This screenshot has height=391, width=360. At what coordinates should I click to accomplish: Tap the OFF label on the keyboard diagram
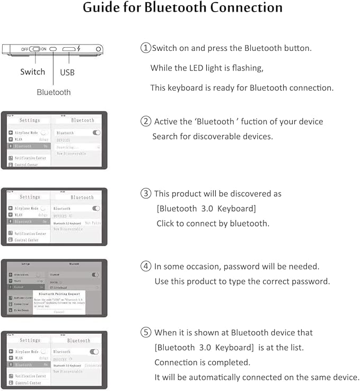pos(25,49)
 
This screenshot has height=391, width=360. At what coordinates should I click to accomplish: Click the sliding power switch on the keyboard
pos(36,49)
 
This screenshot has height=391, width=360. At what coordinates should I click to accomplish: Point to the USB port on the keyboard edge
pos(69,49)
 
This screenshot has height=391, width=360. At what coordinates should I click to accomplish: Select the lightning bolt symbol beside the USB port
pos(79,49)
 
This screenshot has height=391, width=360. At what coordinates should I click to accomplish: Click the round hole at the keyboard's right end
pos(98,49)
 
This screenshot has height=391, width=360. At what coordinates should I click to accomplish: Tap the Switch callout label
pos(33,72)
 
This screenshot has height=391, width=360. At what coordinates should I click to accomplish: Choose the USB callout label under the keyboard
pos(67,72)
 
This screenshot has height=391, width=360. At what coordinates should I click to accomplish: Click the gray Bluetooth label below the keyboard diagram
pos(54,92)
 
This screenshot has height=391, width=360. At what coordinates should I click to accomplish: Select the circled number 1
pos(145,48)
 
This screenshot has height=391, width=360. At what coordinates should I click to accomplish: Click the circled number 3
pos(145,194)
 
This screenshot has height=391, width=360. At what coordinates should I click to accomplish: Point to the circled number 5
pos(145,333)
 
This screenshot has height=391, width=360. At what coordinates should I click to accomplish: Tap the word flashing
pos(247,68)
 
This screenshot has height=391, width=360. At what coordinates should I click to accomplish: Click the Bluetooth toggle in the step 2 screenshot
pos(96,133)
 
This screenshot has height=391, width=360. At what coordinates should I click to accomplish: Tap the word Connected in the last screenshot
pos(93,366)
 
